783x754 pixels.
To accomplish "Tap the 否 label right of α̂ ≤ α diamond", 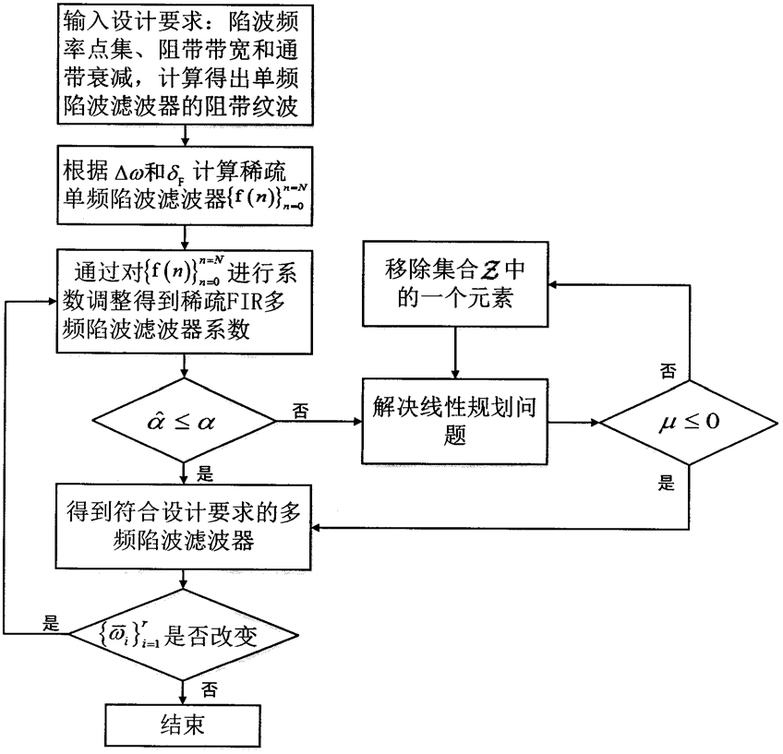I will (x=301, y=408).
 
